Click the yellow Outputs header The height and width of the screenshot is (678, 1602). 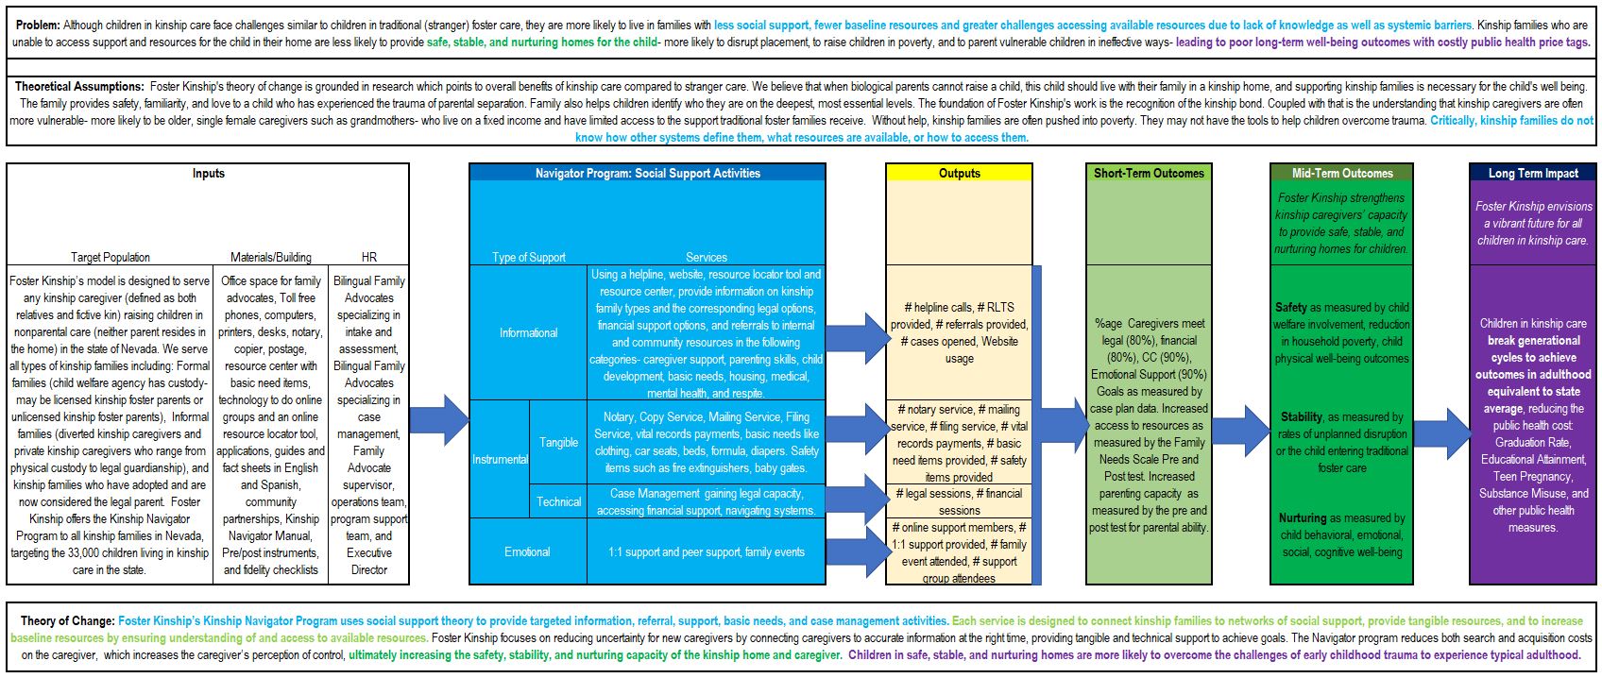point(959,173)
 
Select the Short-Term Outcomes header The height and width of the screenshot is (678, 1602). point(1149,173)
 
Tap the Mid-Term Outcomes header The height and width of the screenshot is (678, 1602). point(1342,173)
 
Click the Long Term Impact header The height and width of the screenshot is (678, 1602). point(1533,173)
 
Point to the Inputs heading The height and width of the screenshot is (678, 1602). point(208,173)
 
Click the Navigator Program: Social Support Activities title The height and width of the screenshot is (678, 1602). point(647,173)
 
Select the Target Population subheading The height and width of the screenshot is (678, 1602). point(111,257)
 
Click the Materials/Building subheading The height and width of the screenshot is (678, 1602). point(270,257)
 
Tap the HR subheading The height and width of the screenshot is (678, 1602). point(369,257)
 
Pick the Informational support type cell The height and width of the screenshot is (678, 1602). point(528,332)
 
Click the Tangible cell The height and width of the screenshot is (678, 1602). point(558,442)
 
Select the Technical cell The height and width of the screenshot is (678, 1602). point(558,501)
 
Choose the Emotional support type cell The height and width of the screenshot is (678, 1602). point(528,551)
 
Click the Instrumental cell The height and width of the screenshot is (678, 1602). point(500,458)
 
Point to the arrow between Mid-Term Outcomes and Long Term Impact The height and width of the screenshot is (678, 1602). point(1441,433)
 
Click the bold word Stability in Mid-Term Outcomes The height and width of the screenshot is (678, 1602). point(1301,417)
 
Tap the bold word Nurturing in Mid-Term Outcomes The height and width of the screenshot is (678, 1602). point(1303,517)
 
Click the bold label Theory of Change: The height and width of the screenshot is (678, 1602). point(67,620)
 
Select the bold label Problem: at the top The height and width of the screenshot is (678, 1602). point(38,25)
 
